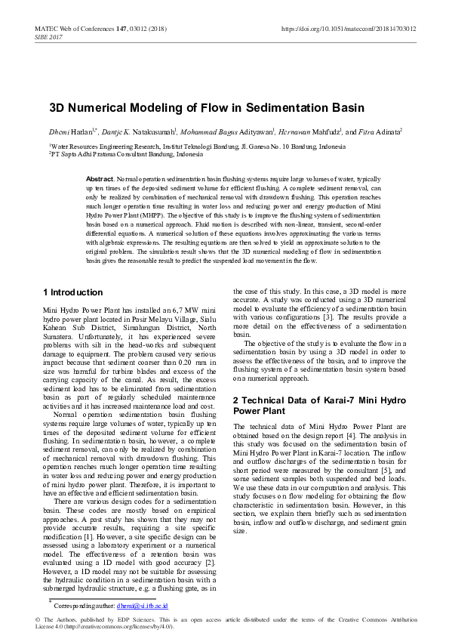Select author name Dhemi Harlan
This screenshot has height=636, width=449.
coord(66,131)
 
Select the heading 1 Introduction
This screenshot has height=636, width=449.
coord(73,292)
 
